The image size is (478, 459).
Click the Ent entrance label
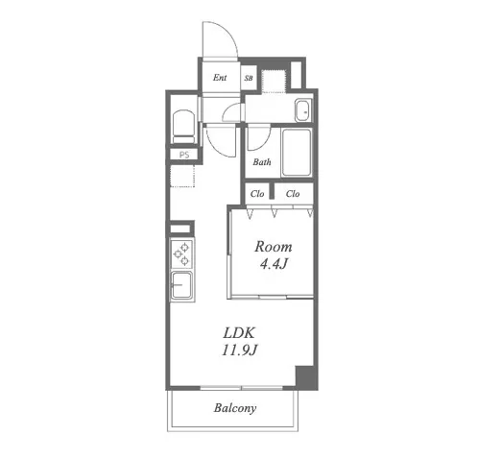220,78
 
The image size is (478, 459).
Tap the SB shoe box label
249,78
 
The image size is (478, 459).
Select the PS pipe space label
184,155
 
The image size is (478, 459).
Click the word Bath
262,162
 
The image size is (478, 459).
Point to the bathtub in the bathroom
297,153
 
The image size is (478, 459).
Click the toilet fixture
183,127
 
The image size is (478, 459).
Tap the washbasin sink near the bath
303,110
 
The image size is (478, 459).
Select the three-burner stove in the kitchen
181,254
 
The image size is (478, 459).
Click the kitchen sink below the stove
181,285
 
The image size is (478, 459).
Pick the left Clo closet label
257,194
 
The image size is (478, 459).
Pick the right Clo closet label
293,194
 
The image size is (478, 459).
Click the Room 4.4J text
274,255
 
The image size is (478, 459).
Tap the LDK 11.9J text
240,342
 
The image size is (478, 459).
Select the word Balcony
235,408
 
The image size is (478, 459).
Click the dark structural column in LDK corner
304,376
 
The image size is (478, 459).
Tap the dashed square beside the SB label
274,81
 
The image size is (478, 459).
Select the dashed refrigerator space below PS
182,176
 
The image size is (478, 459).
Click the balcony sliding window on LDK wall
242,388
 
